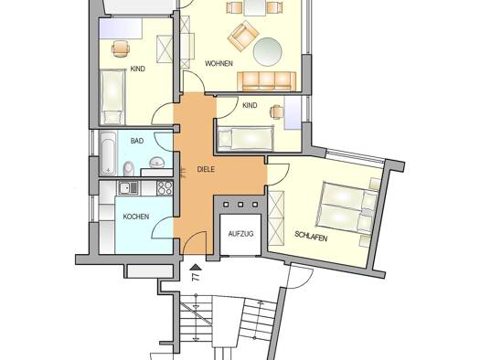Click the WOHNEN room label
(219, 64)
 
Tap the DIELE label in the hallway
(206, 169)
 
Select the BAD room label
(137, 141)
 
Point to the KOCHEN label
(136, 217)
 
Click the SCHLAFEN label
(311, 236)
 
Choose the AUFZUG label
(240, 234)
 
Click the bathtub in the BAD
(109, 154)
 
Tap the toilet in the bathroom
(129, 168)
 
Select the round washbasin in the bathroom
(157, 162)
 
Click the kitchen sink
(129, 187)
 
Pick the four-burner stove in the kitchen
(165, 188)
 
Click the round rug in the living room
(268, 51)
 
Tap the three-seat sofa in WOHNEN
(267, 81)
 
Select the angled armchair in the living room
(243, 37)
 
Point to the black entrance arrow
(196, 268)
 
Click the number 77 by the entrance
(196, 278)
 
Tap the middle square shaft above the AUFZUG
(240, 205)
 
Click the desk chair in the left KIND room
(121, 48)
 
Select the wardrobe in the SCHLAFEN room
(276, 217)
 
